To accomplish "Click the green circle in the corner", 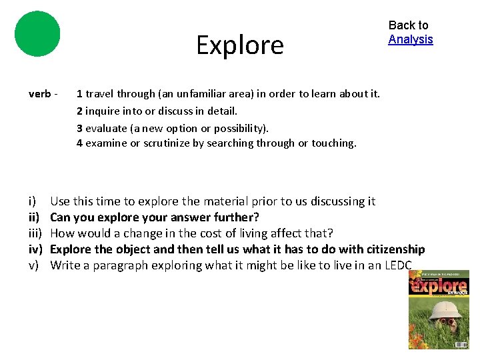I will point(37,33).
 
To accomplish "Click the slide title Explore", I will point(240,45).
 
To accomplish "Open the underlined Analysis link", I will point(411,39).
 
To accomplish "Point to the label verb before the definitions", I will point(41,94).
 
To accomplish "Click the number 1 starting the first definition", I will point(79,94).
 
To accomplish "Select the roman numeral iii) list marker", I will point(35,233).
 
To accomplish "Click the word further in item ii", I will point(237,217).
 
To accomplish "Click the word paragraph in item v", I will point(107,265).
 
